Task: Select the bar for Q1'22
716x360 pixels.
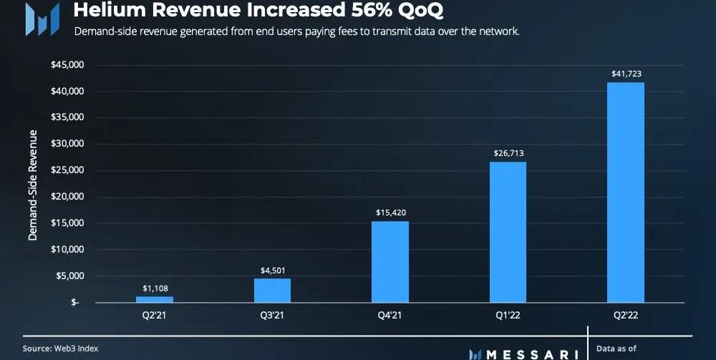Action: [508, 232]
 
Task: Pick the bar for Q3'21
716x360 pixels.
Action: [272, 290]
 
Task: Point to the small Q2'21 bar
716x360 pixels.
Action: [155, 298]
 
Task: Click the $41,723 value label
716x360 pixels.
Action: [625, 74]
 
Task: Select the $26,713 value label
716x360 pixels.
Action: [508, 153]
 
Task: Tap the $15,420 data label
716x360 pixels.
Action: [390, 213]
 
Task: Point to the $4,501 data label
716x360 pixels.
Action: [272, 270]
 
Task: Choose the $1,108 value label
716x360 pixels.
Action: [155, 288]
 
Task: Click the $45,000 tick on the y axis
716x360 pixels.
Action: [68, 65]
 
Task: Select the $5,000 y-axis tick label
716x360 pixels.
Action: [71, 276]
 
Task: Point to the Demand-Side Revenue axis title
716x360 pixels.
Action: [33, 185]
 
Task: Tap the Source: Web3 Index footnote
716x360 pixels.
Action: [60, 348]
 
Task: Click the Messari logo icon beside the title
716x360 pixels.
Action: [42, 19]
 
